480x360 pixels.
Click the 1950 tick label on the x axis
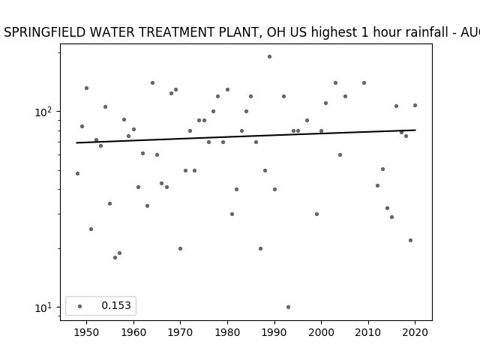pyautogui.click(x=87, y=332)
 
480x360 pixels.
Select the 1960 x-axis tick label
pyautogui.click(x=133, y=332)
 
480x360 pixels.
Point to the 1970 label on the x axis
pyautogui.click(x=181, y=332)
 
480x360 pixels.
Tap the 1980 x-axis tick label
pyautogui.click(x=227, y=332)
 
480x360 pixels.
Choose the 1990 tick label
pyautogui.click(x=274, y=332)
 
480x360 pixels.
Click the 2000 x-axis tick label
pyautogui.click(x=322, y=332)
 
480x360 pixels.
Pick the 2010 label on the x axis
pyautogui.click(x=368, y=332)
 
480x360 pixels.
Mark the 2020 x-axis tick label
pyautogui.click(x=415, y=332)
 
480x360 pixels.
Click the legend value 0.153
pyautogui.click(x=116, y=305)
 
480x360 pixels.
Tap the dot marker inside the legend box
pyautogui.click(x=80, y=306)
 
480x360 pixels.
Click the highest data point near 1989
pyautogui.click(x=269, y=57)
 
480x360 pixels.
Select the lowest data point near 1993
pyautogui.click(x=288, y=307)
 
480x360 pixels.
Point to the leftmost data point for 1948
pyautogui.click(x=77, y=173)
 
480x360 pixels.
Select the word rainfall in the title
pyautogui.click(x=428, y=32)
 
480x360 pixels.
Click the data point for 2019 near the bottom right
pyautogui.click(x=410, y=240)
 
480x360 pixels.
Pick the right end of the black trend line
pyautogui.click(x=415, y=130)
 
